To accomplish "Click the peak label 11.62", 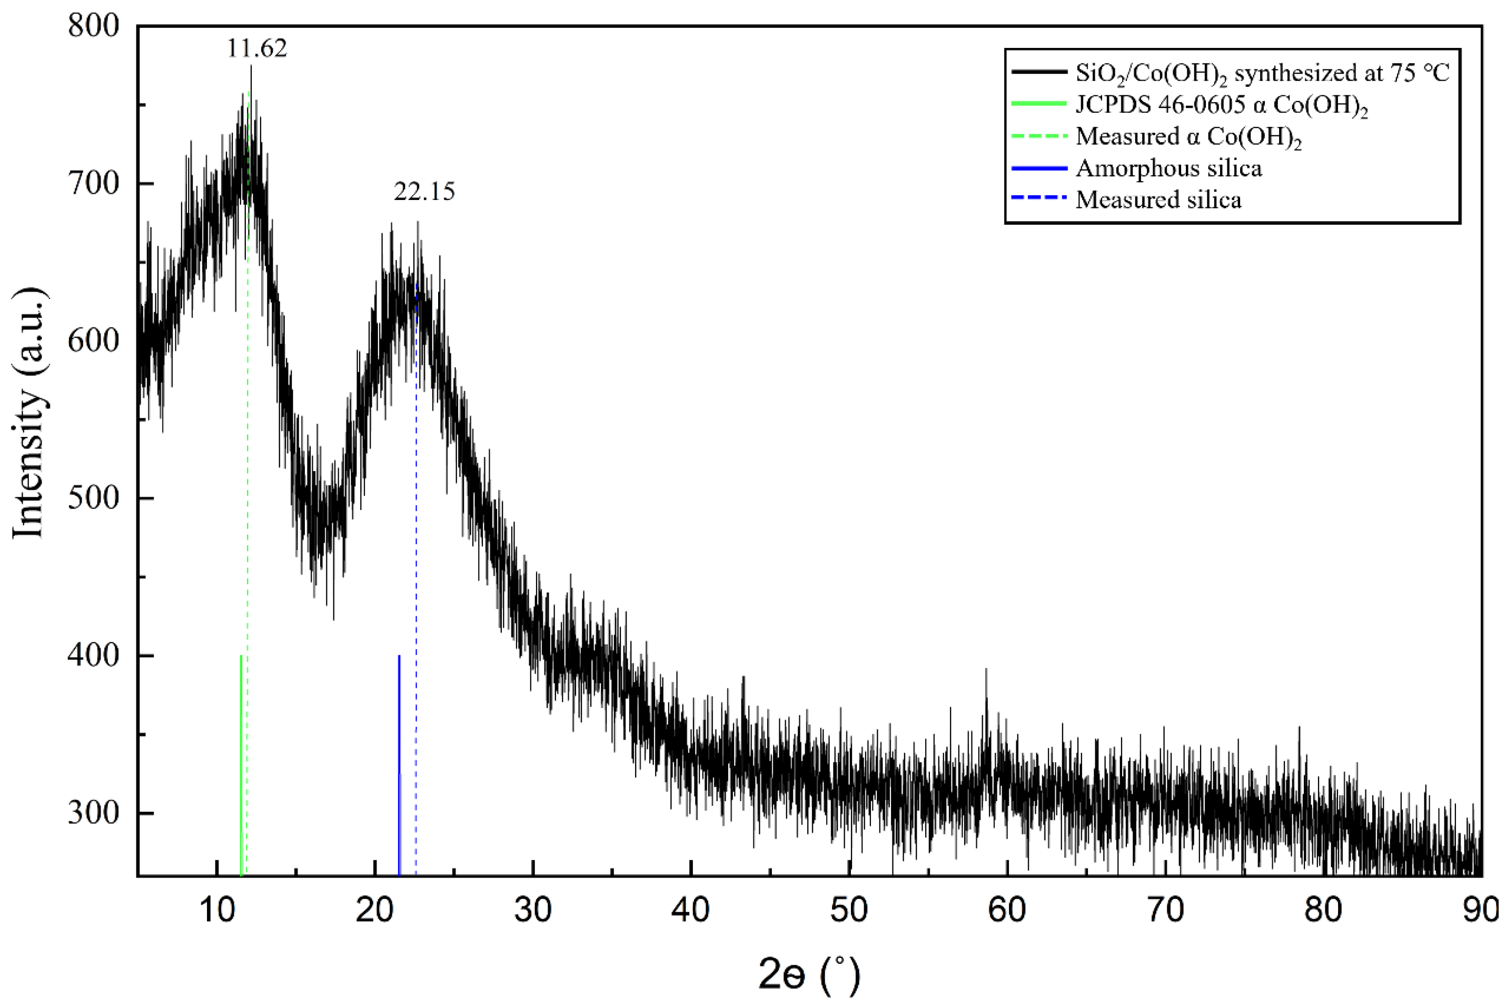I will tap(256, 49).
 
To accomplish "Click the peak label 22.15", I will tap(424, 192).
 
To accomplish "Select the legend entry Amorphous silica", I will tap(1168, 168).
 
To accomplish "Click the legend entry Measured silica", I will tap(1158, 200).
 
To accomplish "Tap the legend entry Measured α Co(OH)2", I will tap(1188, 137).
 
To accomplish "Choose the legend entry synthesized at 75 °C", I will tap(1262, 73).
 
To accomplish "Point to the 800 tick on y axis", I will tap(94, 26).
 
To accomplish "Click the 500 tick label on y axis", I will tap(94, 498).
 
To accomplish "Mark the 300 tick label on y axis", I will tap(94, 813).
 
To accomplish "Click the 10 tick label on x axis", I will tap(217, 910).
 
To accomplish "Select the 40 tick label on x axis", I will tap(691, 910).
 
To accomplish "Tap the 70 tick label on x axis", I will tap(1165, 910).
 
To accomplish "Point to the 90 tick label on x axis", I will tap(1479, 910).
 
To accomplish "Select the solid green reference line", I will tap(241, 765).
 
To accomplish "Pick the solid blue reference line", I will tap(399, 765).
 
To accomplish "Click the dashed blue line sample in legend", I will tap(1038, 200).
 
